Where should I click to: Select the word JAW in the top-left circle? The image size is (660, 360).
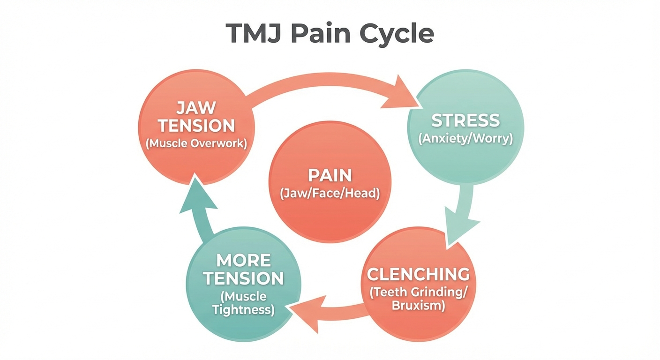pyautogui.click(x=196, y=108)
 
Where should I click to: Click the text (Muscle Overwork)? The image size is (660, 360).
pyautogui.click(x=196, y=143)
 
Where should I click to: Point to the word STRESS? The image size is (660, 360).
pyautogui.click(x=465, y=120)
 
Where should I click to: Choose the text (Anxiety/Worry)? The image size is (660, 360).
pyautogui.click(x=465, y=139)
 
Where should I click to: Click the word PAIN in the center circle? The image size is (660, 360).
pyautogui.click(x=330, y=175)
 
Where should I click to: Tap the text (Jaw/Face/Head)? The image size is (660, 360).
pyautogui.click(x=330, y=193)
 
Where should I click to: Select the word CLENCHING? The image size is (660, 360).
pyautogui.click(x=418, y=274)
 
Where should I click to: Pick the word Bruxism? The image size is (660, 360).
pyautogui.click(x=418, y=306)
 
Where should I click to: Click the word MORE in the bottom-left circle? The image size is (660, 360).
pyautogui.click(x=243, y=260)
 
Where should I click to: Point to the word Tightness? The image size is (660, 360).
pyautogui.click(x=243, y=310)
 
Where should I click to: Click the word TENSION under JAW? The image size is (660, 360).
pyautogui.click(x=196, y=126)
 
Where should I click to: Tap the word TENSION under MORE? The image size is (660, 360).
pyautogui.click(x=243, y=278)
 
